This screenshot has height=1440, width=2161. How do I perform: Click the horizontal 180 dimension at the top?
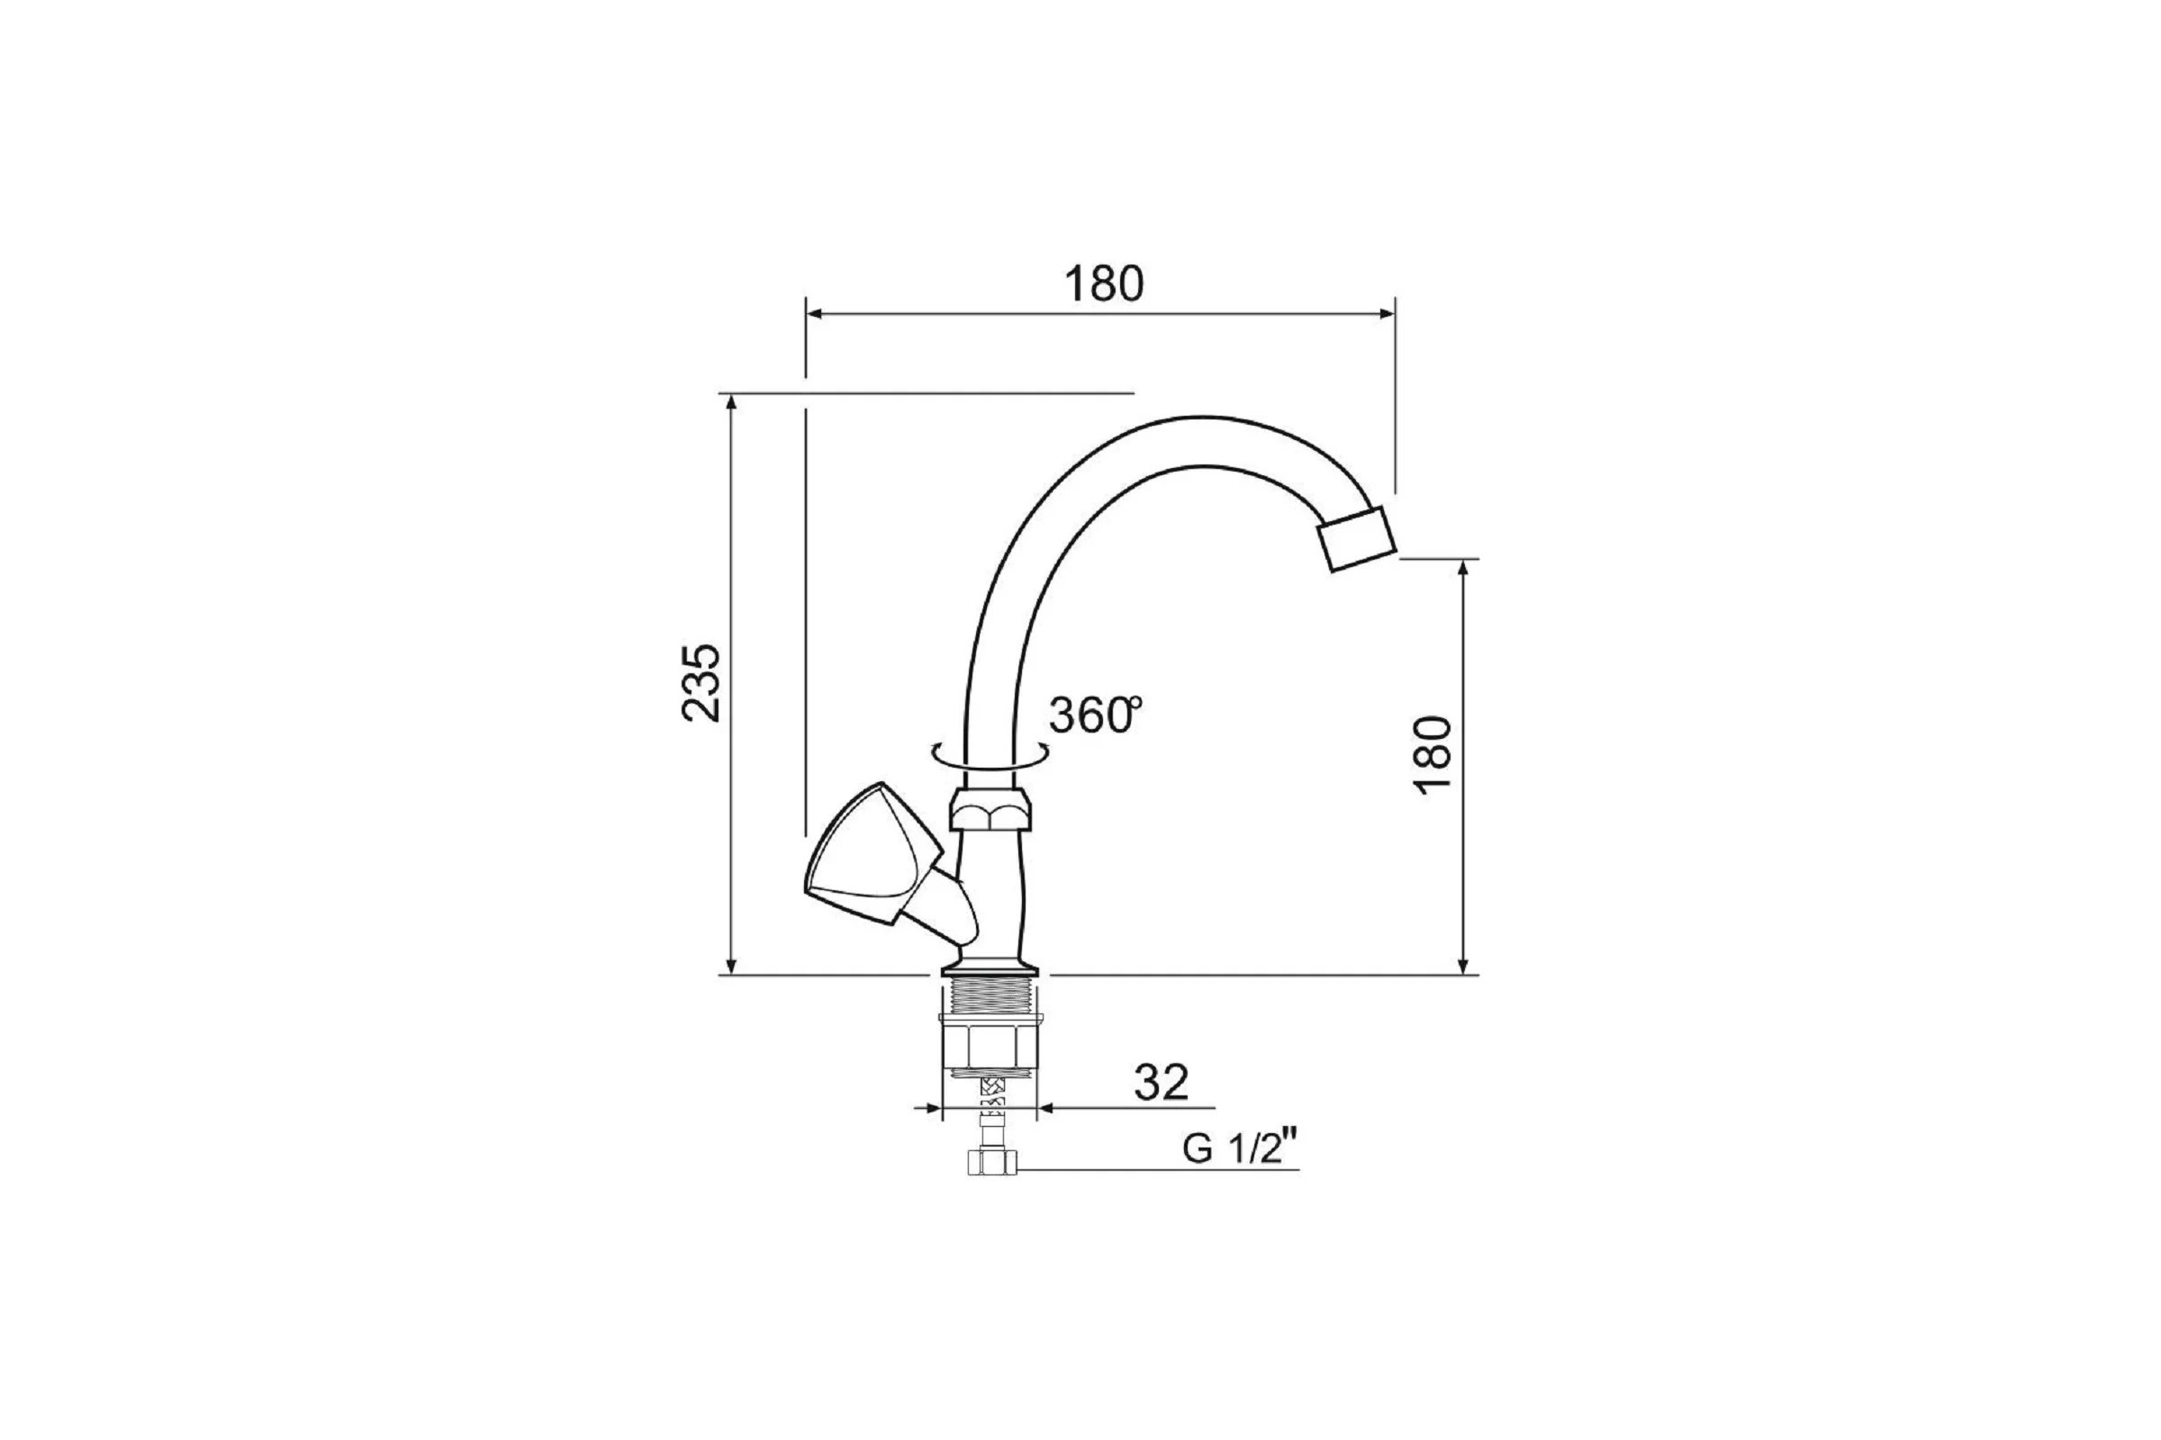pyautogui.click(x=1104, y=283)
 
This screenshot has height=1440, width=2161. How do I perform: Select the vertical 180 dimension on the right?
pyautogui.click(x=1433, y=755)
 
